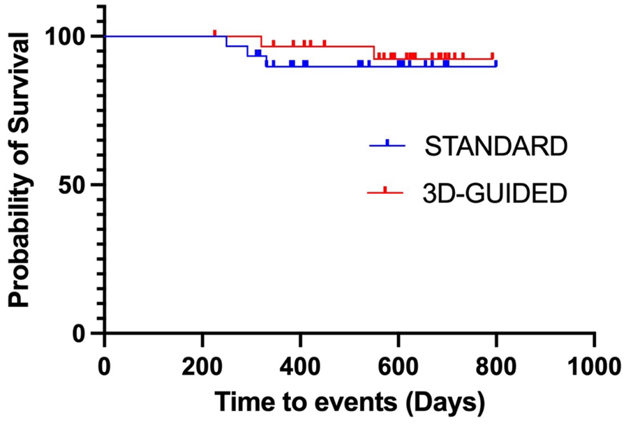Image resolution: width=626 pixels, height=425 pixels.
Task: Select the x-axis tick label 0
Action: click(x=104, y=364)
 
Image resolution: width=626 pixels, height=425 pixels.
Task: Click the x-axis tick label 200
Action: click(x=202, y=364)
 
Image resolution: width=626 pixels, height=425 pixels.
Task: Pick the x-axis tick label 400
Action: click(x=300, y=364)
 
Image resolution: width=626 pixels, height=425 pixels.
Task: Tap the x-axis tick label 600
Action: click(x=398, y=364)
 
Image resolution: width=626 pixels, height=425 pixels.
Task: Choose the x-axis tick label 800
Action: click(x=496, y=364)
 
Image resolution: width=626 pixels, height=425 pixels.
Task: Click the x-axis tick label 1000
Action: click(x=594, y=364)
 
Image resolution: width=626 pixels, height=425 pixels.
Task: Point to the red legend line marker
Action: click(x=387, y=191)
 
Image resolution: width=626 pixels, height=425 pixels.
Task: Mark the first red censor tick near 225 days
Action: click(x=215, y=33)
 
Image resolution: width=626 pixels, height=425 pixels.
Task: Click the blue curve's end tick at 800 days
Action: click(x=495, y=64)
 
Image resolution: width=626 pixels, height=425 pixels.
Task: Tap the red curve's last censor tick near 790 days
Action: click(x=493, y=56)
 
